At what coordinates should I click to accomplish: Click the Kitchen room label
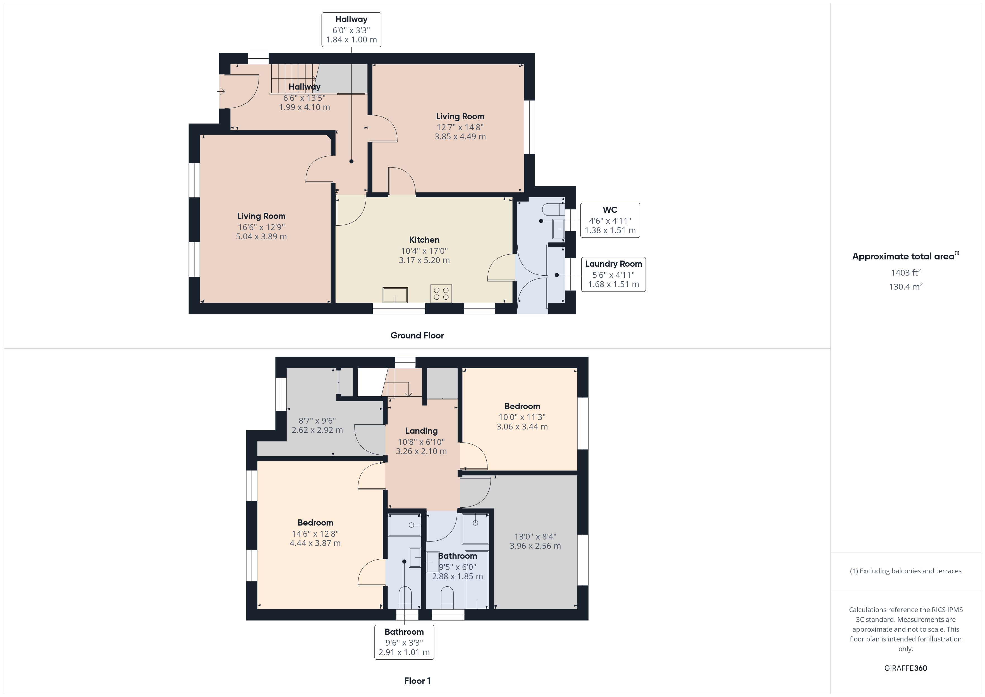pos(424,240)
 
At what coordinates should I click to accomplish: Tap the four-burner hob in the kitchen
pos(441,293)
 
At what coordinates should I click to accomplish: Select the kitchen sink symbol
pos(395,295)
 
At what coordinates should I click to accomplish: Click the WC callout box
pos(610,220)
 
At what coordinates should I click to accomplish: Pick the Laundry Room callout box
pos(613,274)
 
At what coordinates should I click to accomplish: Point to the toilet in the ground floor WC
pos(553,209)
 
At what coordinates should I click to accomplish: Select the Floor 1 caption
pos(417,681)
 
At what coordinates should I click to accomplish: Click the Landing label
pos(421,431)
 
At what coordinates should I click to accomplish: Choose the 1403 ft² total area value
pos(906,273)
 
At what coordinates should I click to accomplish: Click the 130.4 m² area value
pos(906,287)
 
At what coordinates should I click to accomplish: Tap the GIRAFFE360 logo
pos(906,668)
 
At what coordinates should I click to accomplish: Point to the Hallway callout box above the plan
pos(351,30)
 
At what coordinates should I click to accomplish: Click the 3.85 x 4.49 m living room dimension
pos(460,137)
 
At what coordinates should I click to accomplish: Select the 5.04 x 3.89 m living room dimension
pos(261,237)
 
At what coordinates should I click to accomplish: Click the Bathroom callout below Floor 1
pos(404,642)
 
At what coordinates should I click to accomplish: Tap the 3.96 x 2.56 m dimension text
pos(535,546)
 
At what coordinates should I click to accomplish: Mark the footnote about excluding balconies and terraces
pos(906,571)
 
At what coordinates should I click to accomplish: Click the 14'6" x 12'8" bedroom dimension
pos(315,534)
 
